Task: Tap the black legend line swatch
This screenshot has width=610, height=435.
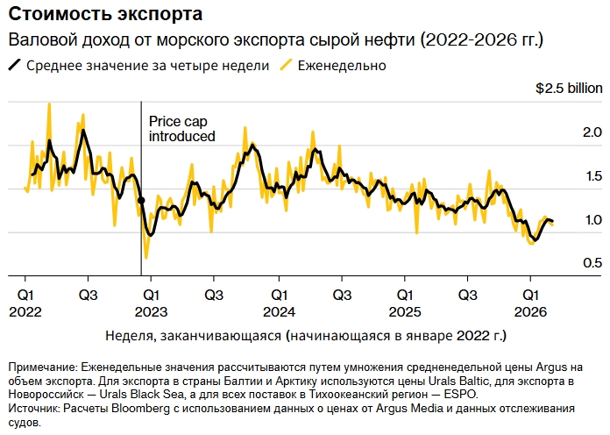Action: click(x=15, y=66)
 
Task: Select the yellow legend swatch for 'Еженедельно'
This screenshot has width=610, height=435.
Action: click(x=286, y=66)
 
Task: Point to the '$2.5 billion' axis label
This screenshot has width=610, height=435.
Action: click(x=569, y=89)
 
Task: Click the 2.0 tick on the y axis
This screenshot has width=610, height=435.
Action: click(x=592, y=132)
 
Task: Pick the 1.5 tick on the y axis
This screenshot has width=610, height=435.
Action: click(x=592, y=176)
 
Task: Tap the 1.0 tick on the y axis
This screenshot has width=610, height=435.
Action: click(x=592, y=220)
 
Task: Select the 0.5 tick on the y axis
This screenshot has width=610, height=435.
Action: click(x=592, y=263)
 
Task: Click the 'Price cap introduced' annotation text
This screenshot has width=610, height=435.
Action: click(x=181, y=129)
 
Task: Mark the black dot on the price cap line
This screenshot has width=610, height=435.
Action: click(x=141, y=201)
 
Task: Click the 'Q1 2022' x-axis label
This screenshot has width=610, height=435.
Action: click(x=25, y=303)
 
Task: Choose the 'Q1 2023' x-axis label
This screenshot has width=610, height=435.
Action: click(x=151, y=303)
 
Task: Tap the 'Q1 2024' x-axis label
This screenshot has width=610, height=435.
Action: click(x=278, y=303)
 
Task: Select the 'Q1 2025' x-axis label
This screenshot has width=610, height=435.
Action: click(x=404, y=303)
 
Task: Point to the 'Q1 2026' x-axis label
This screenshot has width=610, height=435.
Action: click(x=530, y=303)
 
